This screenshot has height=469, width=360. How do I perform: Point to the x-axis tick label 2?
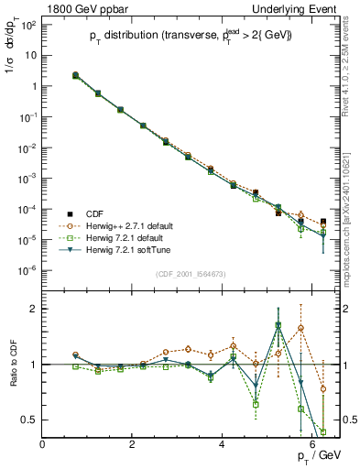pos(133,444)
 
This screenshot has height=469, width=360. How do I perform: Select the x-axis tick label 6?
pos(313,444)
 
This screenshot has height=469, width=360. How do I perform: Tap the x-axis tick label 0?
pos(43,444)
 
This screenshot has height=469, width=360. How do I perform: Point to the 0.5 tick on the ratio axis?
pos(29,420)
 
